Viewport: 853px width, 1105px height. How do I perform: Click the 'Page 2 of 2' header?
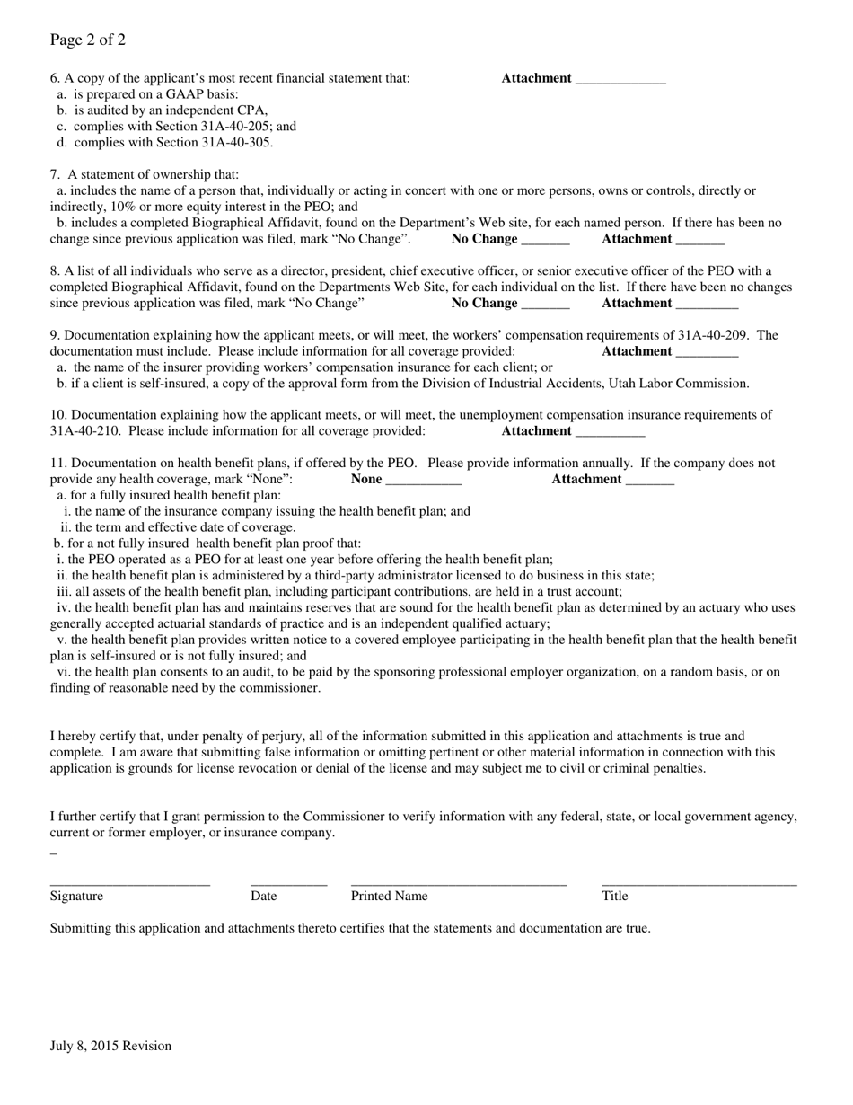88,40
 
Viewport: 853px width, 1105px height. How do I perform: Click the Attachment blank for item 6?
620,80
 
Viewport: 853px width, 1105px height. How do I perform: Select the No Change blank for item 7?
545,241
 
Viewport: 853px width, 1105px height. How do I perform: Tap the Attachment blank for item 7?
699,241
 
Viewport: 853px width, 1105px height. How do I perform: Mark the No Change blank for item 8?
545,305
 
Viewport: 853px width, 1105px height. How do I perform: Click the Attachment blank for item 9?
706,353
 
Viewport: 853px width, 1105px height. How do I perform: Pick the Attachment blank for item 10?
610,433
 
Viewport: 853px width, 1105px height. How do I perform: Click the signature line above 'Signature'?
129,884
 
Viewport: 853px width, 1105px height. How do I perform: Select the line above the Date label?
288,884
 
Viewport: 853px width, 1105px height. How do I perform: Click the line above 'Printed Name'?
459,884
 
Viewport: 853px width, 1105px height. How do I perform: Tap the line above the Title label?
699,884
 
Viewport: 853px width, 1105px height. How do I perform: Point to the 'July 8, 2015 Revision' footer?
110,1046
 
